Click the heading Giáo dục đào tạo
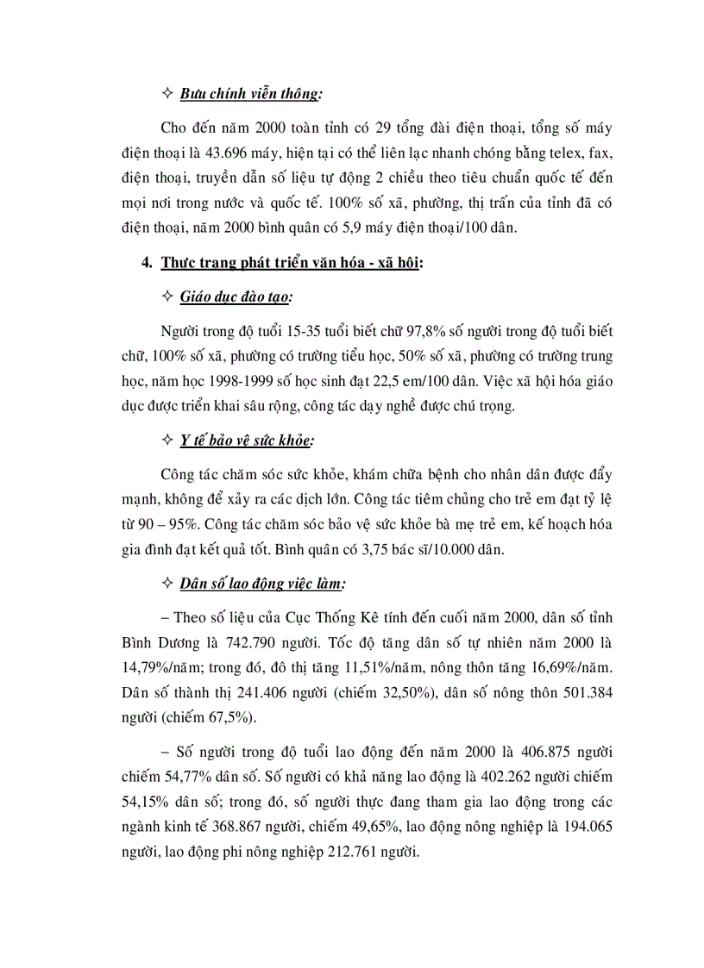click(236, 297)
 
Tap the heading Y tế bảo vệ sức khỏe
click(247, 440)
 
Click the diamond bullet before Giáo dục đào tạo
click(167, 297)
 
